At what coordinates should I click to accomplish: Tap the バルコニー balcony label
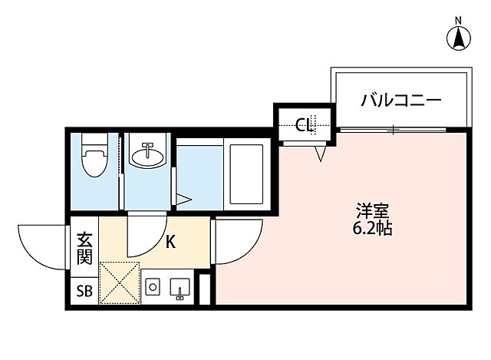click(400, 100)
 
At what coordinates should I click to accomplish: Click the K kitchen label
click(170, 243)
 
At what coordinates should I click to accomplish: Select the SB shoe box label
click(84, 290)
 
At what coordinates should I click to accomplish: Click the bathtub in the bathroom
click(245, 173)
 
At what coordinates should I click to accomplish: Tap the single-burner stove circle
click(153, 288)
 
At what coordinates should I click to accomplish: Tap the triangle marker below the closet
click(320, 154)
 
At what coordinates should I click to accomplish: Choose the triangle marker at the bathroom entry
click(184, 199)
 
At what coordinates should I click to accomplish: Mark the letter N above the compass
click(458, 19)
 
